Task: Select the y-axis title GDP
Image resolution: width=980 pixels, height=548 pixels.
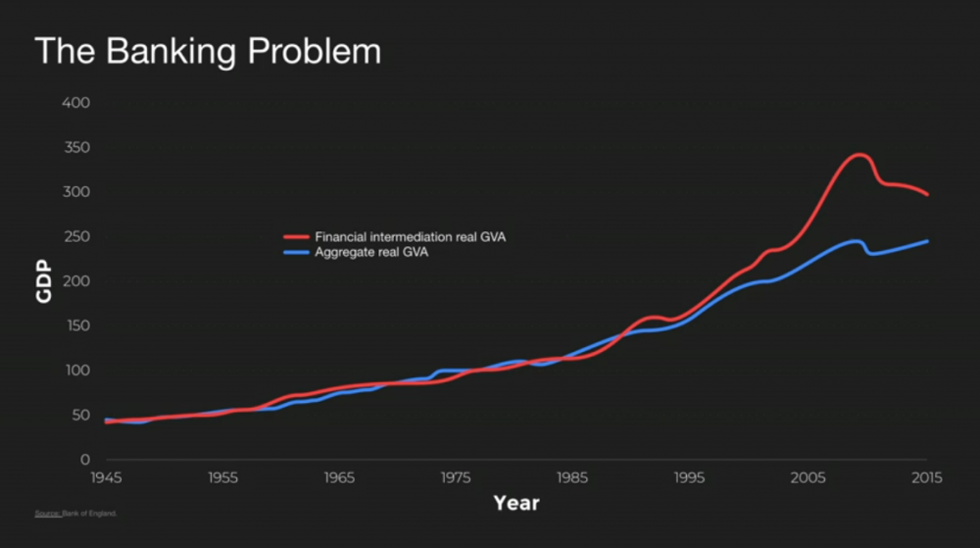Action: pos(44,281)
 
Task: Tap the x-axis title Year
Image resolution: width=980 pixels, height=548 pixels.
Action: pos(515,503)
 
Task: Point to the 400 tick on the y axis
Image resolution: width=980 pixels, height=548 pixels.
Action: pos(75,103)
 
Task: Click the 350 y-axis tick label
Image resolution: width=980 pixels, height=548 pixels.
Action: pos(75,148)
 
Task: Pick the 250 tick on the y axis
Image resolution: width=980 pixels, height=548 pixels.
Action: pos(75,237)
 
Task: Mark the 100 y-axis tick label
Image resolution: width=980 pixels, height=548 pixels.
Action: pos(75,371)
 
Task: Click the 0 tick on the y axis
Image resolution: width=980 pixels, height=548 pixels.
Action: pos(85,460)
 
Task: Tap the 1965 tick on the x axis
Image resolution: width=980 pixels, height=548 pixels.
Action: pos(340,478)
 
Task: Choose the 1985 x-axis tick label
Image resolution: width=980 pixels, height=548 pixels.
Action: pos(572,478)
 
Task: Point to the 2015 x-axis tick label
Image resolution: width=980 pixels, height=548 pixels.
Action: pos(926,478)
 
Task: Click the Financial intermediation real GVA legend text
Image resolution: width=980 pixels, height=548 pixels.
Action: pos(411,237)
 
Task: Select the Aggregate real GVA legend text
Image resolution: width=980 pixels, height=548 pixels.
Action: pos(371,252)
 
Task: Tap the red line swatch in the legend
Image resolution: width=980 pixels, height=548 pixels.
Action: pos(296,237)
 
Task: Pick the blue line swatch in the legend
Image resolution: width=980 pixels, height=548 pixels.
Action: pos(296,252)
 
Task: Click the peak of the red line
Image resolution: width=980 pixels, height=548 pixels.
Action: pos(859,155)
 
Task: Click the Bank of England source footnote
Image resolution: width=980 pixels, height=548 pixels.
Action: pos(75,513)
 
